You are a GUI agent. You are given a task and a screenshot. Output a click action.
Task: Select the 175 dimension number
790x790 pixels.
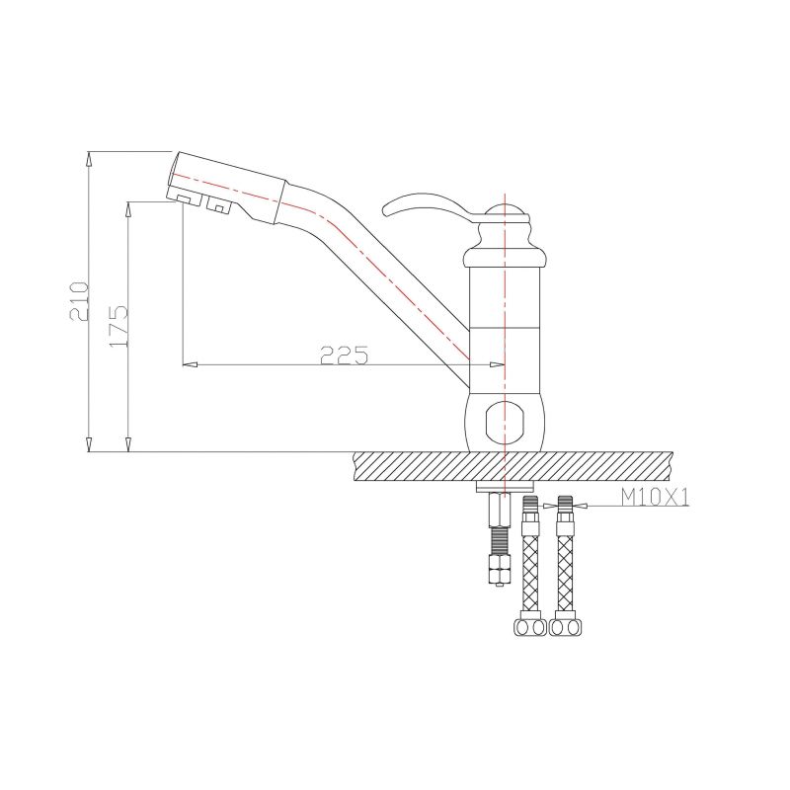coord(119,324)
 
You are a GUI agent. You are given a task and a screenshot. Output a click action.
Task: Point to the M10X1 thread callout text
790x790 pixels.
coord(654,498)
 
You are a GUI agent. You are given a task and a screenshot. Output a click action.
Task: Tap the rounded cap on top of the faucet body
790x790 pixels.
coord(504,210)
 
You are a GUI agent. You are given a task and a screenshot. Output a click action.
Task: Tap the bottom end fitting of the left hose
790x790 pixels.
coord(528,626)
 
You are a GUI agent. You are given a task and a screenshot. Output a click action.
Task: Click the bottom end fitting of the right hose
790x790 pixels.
coord(566,626)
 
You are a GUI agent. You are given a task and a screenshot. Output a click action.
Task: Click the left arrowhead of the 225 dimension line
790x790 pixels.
coord(191,364)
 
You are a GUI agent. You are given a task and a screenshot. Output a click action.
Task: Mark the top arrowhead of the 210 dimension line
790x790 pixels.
coord(89,157)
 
